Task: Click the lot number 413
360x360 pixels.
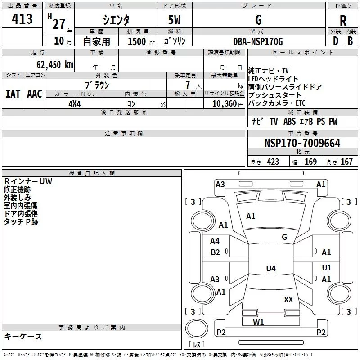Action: (x=22, y=18)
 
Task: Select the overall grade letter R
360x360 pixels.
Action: (x=343, y=21)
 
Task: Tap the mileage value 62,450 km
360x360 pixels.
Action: (x=55, y=65)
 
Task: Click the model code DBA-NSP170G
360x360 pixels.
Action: (x=258, y=41)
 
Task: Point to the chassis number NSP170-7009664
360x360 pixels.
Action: (x=302, y=143)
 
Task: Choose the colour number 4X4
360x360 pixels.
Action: (x=75, y=104)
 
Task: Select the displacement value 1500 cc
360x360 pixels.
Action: (x=141, y=41)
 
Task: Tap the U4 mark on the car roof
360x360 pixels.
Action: (x=271, y=268)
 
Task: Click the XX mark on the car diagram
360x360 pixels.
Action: (x=288, y=299)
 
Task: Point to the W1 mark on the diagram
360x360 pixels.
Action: (x=258, y=322)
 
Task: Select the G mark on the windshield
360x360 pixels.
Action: (x=284, y=237)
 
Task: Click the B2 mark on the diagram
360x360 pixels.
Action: (x=215, y=252)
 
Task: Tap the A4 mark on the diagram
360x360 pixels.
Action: (x=215, y=241)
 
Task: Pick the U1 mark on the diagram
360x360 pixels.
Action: (x=327, y=267)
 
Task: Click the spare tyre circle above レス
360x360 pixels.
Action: (x=197, y=328)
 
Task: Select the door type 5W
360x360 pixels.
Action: (x=174, y=20)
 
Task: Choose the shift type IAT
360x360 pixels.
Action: (x=13, y=94)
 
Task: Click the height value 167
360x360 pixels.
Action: (x=346, y=162)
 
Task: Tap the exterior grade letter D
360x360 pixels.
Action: (x=335, y=41)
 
